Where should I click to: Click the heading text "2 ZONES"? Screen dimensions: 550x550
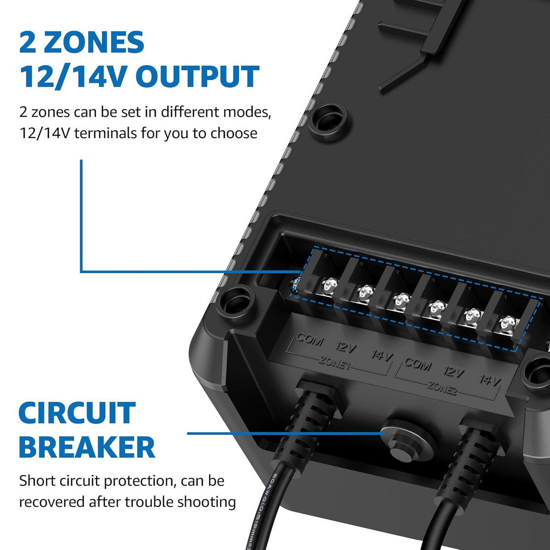point(82,43)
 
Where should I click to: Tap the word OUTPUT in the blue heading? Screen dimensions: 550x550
point(197,77)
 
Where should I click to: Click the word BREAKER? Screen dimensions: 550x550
point(87,447)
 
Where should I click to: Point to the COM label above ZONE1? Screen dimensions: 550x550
point(310,339)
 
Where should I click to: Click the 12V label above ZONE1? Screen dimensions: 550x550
point(346,347)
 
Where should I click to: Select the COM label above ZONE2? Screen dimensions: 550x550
point(418,364)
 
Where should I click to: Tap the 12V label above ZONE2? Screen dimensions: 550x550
point(454,372)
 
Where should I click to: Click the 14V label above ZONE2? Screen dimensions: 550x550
point(490,380)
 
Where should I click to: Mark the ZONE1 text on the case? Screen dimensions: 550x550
point(335,363)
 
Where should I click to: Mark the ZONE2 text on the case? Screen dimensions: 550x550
point(442,388)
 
